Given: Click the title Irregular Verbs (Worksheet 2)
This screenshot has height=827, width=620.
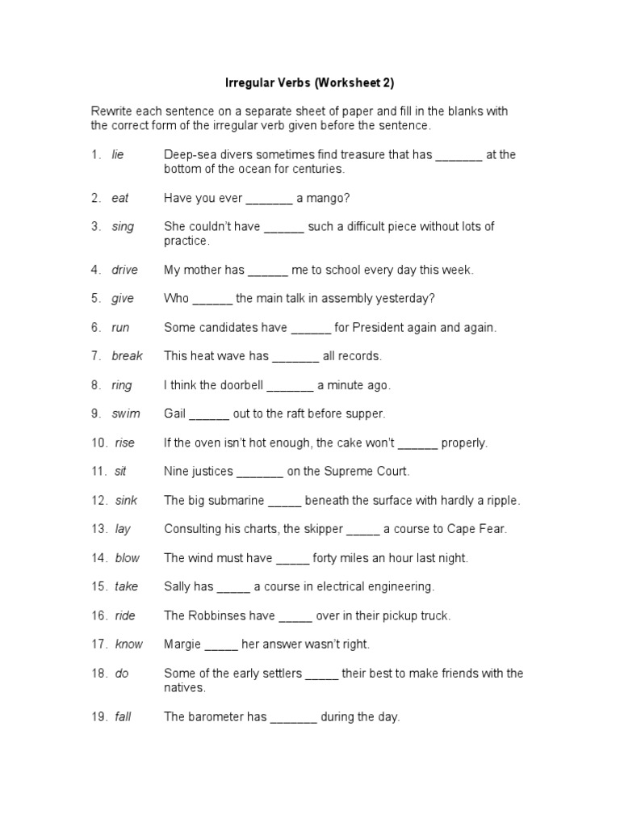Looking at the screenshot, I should (309, 82).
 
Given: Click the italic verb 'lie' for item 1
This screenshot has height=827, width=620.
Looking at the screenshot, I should (118, 155).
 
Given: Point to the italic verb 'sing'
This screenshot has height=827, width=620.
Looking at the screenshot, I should (123, 227).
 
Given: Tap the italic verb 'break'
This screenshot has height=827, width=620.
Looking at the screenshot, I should (127, 356).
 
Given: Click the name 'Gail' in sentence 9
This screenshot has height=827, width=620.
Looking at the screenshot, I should (175, 413).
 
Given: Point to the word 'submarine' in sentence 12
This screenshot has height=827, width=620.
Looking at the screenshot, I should (238, 500).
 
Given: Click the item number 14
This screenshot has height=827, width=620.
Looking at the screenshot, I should (99, 558).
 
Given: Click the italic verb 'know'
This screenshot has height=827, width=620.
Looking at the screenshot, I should (128, 644).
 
